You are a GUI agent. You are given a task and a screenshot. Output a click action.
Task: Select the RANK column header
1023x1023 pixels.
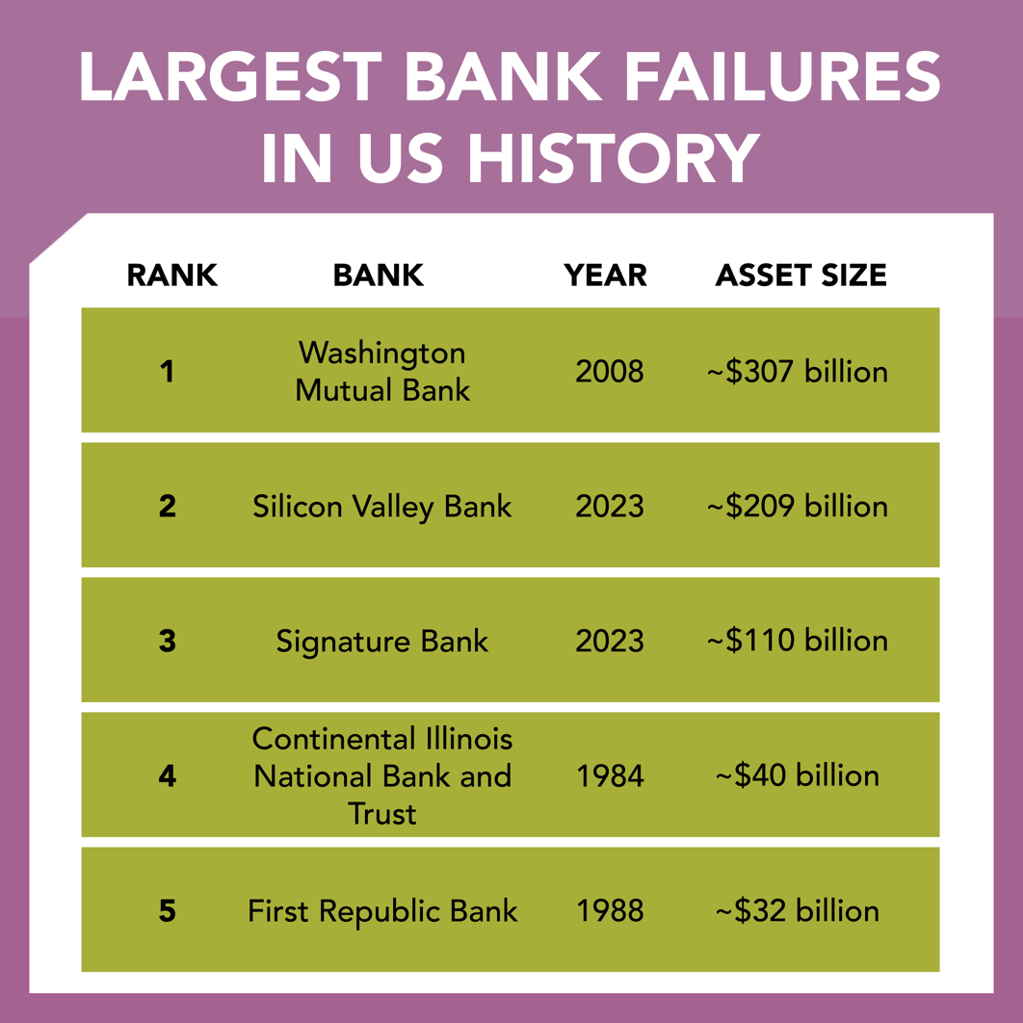(171, 275)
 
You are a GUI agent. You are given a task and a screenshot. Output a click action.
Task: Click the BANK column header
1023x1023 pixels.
(379, 275)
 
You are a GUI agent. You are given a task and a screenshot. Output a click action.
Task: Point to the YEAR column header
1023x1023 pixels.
(606, 275)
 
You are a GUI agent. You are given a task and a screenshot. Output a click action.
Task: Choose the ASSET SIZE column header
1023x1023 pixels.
(800, 275)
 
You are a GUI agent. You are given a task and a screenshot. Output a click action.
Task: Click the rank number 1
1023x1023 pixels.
(168, 371)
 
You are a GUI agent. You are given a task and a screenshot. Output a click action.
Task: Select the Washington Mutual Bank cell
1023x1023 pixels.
(382, 371)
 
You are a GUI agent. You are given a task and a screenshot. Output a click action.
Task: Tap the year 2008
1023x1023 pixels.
(610, 371)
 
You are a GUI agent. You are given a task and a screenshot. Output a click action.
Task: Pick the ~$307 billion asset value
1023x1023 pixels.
(798, 371)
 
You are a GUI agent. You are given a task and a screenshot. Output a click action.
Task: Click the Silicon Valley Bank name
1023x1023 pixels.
(382, 507)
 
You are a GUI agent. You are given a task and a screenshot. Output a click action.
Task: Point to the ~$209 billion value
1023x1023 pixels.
(798, 507)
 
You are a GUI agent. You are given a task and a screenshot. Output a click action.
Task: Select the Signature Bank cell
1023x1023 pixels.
(382, 641)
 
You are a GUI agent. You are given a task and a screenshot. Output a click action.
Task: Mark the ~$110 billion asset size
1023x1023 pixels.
(798, 641)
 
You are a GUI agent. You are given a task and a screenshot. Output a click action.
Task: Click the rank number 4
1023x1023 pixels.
(168, 775)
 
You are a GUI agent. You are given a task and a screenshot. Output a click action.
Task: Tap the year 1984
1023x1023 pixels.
(610, 775)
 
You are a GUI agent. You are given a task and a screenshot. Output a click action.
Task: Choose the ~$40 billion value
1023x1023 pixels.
(798, 775)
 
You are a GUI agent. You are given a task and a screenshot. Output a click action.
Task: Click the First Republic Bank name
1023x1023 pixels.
(382, 911)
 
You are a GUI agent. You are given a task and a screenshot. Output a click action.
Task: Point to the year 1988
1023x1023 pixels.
(610, 911)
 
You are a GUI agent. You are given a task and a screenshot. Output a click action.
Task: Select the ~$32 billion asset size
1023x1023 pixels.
(798, 911)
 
